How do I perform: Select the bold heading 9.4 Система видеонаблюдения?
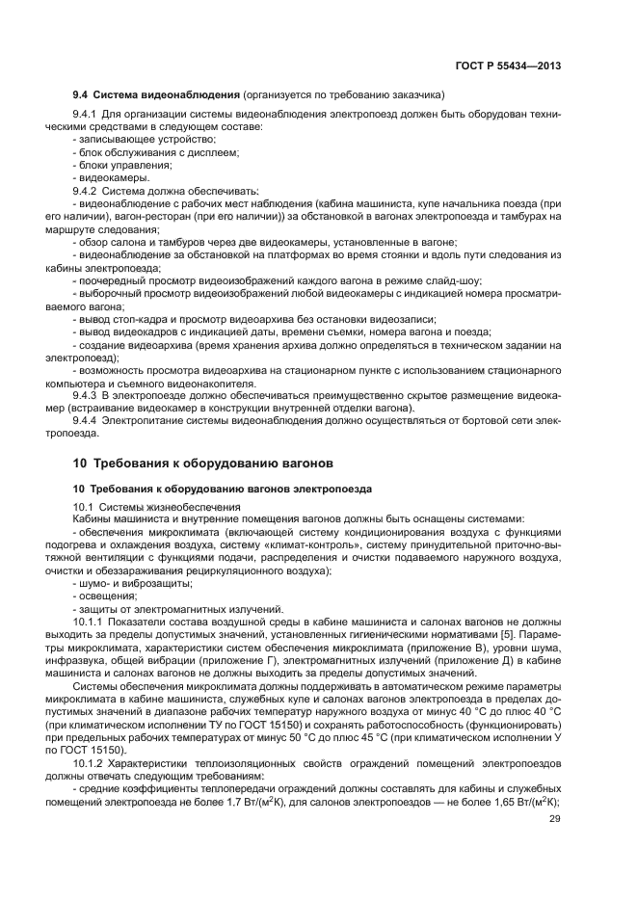[156, 96]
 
